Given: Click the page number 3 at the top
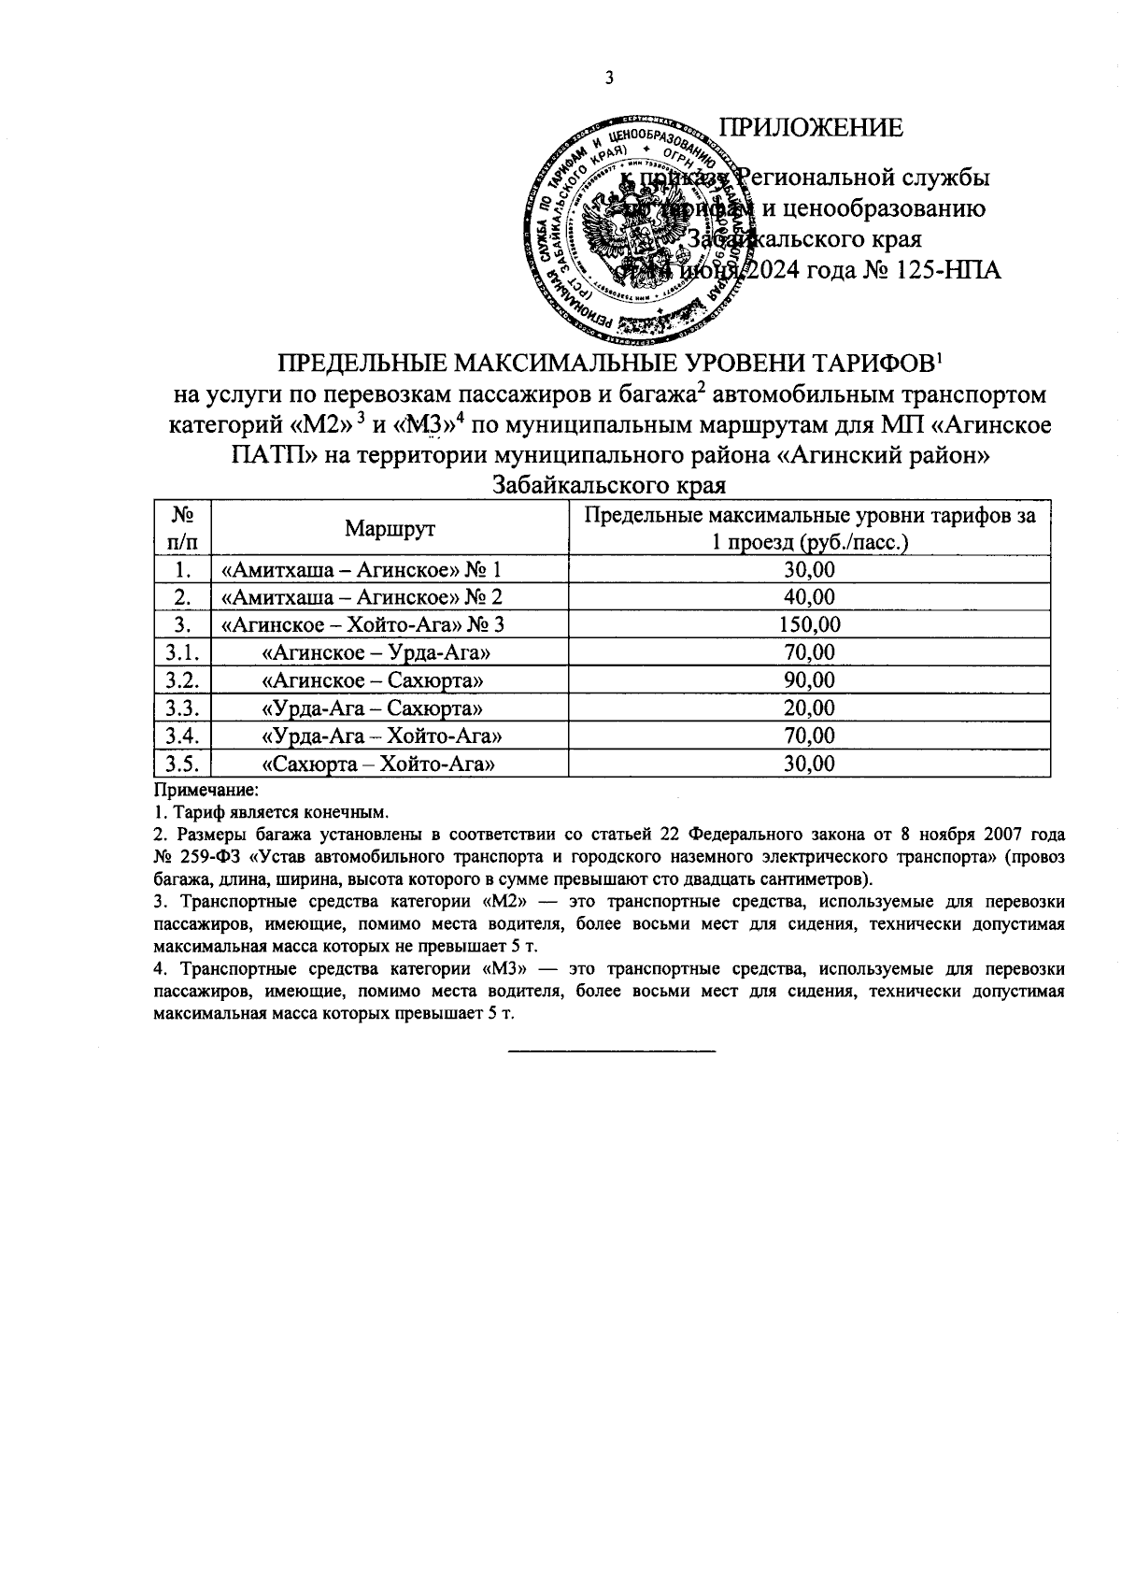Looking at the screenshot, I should click(609, 79).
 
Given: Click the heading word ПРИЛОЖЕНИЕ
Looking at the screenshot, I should click(810, 128).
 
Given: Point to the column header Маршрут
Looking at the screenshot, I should click(390, 528).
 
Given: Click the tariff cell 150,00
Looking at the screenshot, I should click(809, 624).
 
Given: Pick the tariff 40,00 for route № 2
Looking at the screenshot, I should click(809, 596).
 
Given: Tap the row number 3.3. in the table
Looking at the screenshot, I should click(182, 708).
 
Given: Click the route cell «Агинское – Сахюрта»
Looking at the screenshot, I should click(374, 680).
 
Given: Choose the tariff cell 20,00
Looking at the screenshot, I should click(809, 708).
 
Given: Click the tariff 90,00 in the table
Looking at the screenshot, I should click(809, 680).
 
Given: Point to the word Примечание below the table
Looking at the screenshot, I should click(192, 791).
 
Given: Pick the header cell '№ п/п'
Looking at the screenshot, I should click(182, 528).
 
